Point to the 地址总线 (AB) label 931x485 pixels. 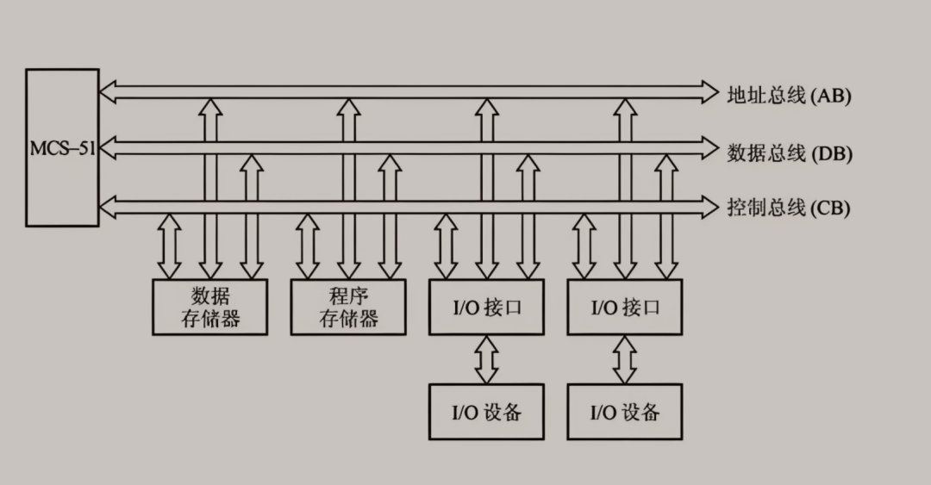tap(789, 95)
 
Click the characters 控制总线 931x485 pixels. tap(766, 208)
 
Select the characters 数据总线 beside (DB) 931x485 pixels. tap(766, 153)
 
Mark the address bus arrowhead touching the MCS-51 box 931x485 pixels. tap(108, 92)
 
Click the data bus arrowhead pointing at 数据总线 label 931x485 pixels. tap(710, 148)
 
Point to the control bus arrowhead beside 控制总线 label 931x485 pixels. tap(710, 207)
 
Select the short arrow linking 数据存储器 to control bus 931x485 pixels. tap(170, 246)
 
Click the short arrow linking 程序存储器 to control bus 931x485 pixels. tap(308, 246)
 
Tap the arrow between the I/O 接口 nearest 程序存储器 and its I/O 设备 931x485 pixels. tap(486, 360)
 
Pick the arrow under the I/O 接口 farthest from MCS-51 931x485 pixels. tap(625, 360)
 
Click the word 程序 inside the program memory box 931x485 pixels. tap(348, 295)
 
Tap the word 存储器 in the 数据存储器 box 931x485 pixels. tap(210, 319)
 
